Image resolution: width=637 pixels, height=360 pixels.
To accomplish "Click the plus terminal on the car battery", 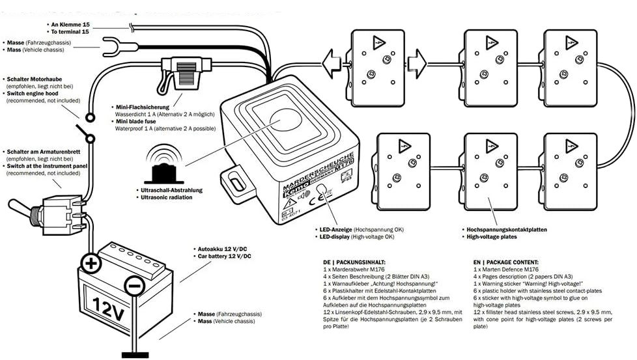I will [91, 264].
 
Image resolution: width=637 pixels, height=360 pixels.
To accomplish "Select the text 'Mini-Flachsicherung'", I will [141, 106].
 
